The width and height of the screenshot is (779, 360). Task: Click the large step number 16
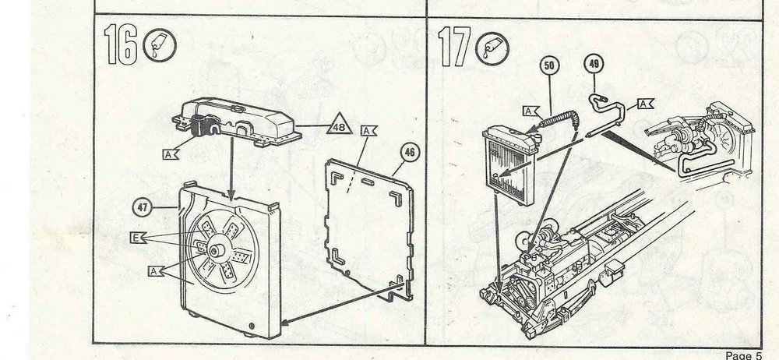[x=123, y=45]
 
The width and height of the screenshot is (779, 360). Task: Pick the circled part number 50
[x=549, y=67]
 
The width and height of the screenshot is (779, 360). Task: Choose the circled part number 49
[x=595, y=67]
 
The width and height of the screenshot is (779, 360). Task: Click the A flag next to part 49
[x=645, y=103]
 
